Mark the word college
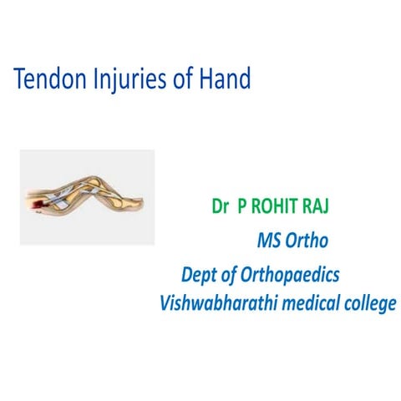pyautogui.click(x=368, y=304)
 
